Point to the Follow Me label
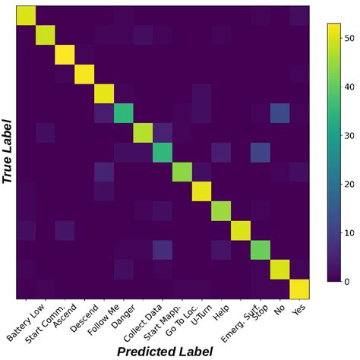click(103, 318)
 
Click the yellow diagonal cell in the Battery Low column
click(25, 14)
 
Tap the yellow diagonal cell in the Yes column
click(300, 289)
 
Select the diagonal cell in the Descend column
click(84, 74)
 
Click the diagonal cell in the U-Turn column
click(202, 192)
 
